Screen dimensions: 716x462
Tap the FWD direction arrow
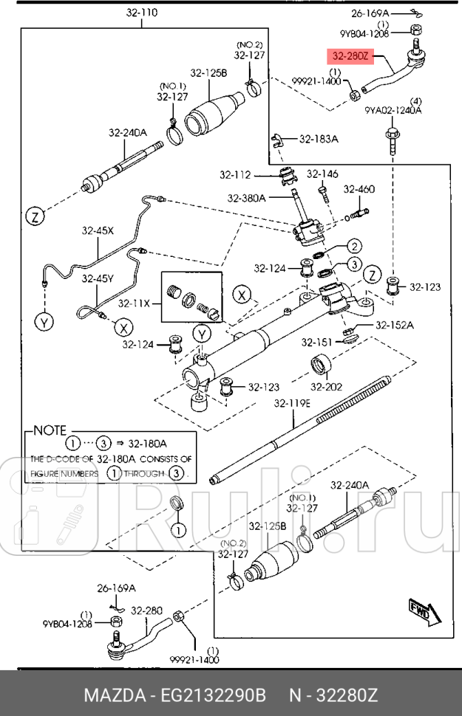[x=421, y=612]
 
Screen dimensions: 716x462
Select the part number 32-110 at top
[x=141, y=13]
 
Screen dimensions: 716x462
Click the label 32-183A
[x=319, y=139]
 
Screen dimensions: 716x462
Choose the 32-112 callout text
[x=235, y=175]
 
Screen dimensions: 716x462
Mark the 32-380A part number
[x=247, y=199]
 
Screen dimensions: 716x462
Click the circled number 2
[x=354, y=247]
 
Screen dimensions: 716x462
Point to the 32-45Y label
[x=98, y=278]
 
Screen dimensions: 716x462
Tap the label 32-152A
[x=395, y=325]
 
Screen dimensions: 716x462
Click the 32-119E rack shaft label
[x=293, y=403]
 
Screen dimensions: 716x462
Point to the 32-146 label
[x=322, y=173]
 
